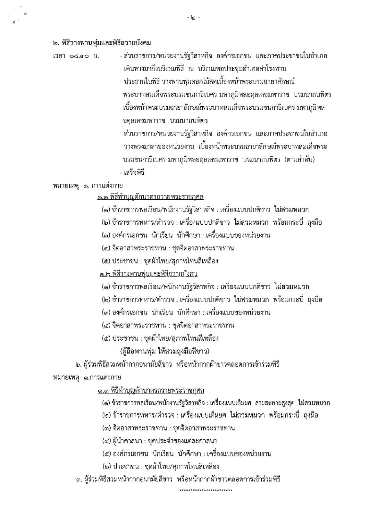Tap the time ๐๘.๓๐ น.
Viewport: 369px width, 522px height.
[x=76, y=56]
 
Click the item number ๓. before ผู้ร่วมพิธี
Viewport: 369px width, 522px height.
[x=79, y=479]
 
